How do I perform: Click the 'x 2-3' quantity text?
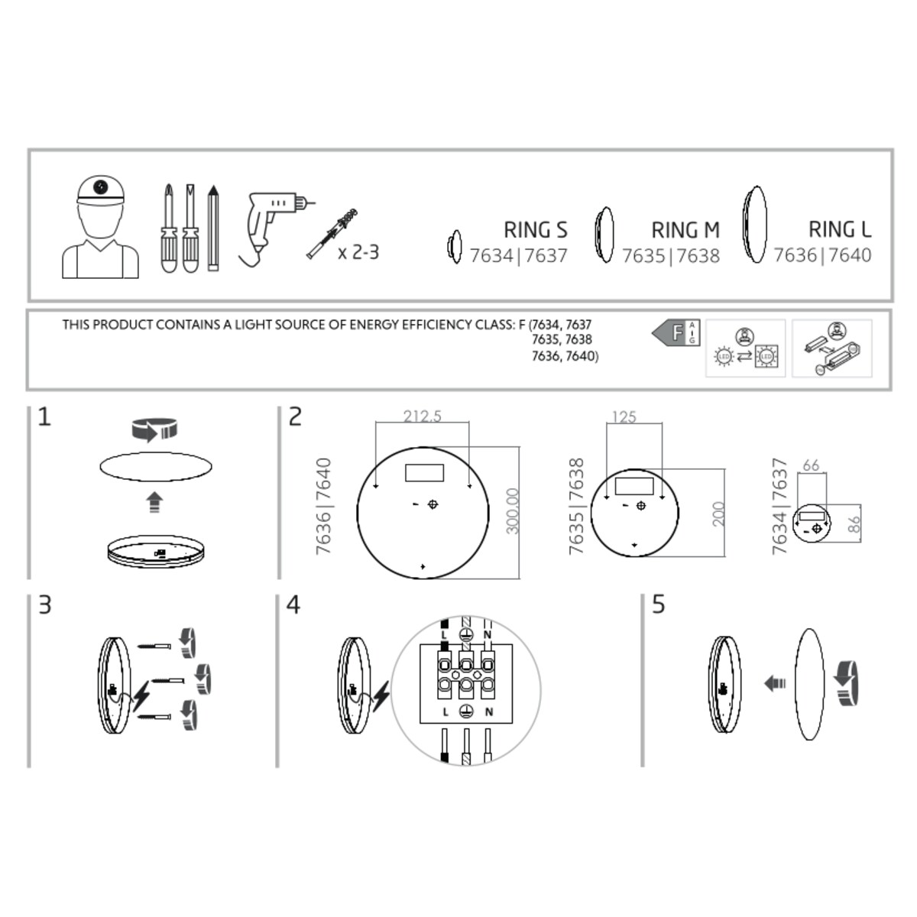[358, 252]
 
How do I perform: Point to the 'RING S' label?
[535, 230]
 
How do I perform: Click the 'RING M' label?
[685, 230]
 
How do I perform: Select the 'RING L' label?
[839, 229]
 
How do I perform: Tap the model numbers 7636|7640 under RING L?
[822, 255]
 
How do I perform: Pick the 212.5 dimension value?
[423, 416]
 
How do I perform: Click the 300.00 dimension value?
[513, 511]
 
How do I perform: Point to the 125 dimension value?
[624, 417]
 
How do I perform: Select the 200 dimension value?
[718, 514]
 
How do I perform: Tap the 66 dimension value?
[811, 465]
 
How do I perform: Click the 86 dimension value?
[854, 524]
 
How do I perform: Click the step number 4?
[293, 605]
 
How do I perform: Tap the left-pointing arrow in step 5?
[775, 682]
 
